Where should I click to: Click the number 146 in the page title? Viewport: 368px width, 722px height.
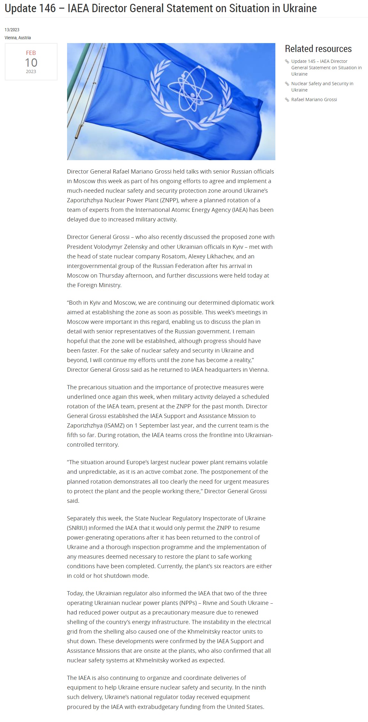point(47,8)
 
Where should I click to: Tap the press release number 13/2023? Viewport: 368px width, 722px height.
point(12,30)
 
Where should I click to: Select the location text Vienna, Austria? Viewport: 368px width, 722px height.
point(18,38)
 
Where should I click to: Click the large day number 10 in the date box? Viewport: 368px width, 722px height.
point(31,63)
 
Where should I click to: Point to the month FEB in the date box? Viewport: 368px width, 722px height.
point(31,53)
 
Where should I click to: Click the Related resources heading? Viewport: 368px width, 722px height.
point(318,49)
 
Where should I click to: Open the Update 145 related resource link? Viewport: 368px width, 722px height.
point(326,67)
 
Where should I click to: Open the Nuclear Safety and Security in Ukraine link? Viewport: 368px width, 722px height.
point(322,86)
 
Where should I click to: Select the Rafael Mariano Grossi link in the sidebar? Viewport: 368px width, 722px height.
point(314,100)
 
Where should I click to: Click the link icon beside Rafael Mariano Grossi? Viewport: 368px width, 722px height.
point(287,100)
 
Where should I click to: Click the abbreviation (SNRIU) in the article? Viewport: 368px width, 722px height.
point(77,528)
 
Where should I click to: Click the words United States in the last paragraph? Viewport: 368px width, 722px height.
point(245,707)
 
